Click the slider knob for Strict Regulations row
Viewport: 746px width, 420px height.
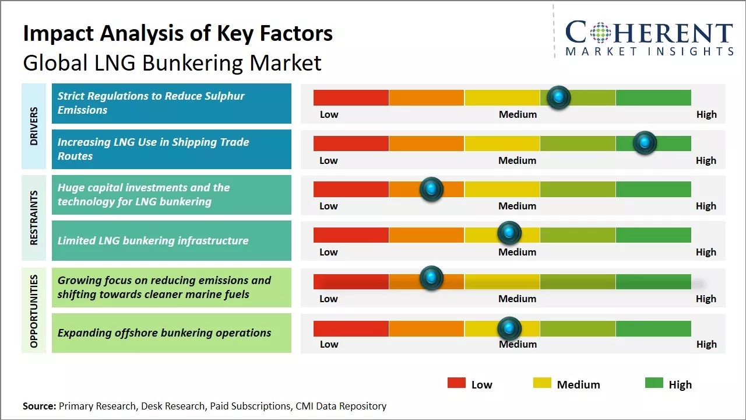pos(559,97)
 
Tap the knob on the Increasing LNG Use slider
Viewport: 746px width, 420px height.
pos(645,143)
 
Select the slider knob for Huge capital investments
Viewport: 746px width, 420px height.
pos(431,189)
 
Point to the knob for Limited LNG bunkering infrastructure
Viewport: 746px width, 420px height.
pos(509,233)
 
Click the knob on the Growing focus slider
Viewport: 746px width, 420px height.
pos(431,278)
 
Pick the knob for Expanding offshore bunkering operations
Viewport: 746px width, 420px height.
pos(509,328)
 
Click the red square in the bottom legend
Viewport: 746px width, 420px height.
pos(456,383)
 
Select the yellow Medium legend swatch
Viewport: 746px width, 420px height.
pos(542,383)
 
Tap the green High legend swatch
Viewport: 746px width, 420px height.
pos(654,383)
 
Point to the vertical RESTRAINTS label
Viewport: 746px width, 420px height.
pos(34,217)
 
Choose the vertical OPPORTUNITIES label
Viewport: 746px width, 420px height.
pos(34,311)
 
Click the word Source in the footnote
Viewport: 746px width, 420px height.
pos(39,406)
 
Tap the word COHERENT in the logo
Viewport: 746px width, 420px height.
pos(649,33)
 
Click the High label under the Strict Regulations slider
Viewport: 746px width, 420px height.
pos(706,114)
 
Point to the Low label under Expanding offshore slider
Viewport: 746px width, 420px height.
pos(329,344)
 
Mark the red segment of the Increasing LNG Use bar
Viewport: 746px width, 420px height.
pos(351,143)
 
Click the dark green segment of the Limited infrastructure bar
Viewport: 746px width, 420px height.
pos(653,235)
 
